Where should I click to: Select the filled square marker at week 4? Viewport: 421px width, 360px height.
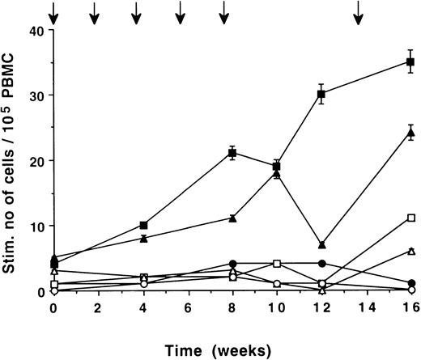143,225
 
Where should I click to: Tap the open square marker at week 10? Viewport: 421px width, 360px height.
277,264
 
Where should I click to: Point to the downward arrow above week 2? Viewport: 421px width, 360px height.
95,12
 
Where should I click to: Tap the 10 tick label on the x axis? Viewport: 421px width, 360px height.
277,307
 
